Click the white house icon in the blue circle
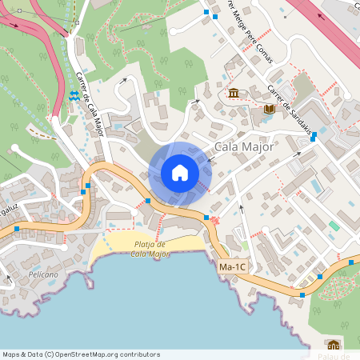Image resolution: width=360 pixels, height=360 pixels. (180, 173)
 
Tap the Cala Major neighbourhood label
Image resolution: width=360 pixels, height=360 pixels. (245, 147)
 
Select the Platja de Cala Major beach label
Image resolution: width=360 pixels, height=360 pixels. (150, 250)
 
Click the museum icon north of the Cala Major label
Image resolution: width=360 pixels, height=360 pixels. (233, 94)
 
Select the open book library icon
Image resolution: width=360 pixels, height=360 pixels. (269, 109)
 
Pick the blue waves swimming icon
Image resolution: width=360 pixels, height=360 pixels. (74, 96)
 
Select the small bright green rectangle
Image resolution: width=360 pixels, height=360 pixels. (334, 226)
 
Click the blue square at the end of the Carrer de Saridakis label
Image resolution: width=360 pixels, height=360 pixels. (313, 136)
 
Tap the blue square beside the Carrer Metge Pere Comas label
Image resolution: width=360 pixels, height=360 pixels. (206, 13)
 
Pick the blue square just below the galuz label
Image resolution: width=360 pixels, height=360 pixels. (16, 230)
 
